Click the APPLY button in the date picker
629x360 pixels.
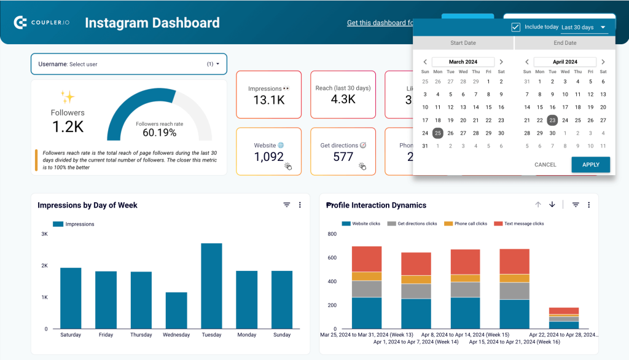[590, 165]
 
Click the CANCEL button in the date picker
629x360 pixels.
[545, 165]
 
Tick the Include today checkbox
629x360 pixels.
[516, 28]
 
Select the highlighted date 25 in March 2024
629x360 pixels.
[437, 133]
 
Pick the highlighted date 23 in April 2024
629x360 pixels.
[552, 120]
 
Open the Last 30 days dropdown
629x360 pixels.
[584, 28]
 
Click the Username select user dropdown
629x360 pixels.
[128, 64]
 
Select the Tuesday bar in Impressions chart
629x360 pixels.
[211, 286]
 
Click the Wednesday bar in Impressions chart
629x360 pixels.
[176, 310]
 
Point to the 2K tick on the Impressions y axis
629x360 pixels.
[44, 265]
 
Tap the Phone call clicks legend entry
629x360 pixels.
[469, 224]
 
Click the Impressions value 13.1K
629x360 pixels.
[268, 100]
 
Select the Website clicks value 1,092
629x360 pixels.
[268, 157]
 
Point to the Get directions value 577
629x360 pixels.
[343, 157]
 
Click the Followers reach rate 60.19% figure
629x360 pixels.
[159, 132]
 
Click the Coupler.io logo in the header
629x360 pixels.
[41, 23]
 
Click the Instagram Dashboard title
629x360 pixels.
[152, 23]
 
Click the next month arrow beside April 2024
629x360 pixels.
[603, 62]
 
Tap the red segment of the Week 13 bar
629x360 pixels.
[367, 259]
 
